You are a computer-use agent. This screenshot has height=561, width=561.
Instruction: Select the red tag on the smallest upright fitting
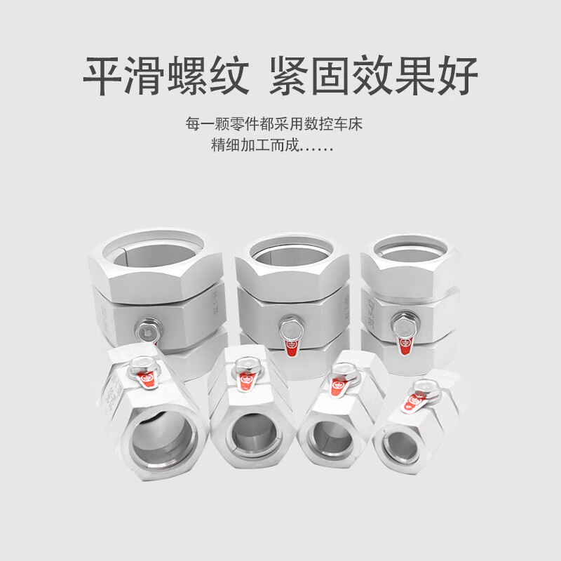(x=405, y=344)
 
